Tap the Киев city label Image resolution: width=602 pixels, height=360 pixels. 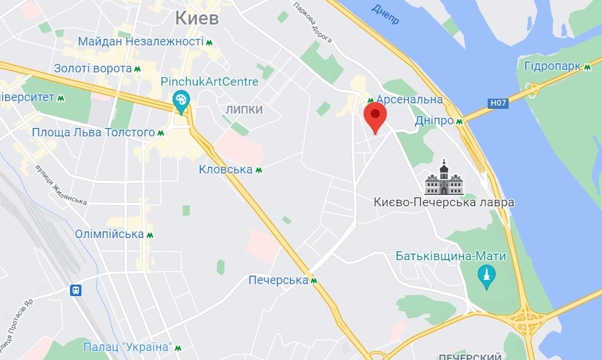pos(196,18)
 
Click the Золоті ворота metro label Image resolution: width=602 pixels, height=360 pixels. pos(93,69)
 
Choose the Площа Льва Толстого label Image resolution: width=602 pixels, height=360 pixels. pos(93,132)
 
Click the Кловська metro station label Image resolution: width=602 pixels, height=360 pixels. pos(226,170)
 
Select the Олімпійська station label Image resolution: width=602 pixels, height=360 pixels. pos(110,234)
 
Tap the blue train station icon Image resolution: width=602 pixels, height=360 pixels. pos(76,291)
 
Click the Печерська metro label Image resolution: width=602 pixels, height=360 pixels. pos(278,280)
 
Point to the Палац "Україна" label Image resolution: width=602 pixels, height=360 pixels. pos(127,347)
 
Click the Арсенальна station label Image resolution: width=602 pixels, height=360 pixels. pos(409,100)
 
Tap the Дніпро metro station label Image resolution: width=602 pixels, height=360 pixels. pos(434,121)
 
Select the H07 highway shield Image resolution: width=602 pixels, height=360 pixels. pos(498,103)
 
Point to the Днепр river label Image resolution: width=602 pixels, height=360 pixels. pos(385,13)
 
